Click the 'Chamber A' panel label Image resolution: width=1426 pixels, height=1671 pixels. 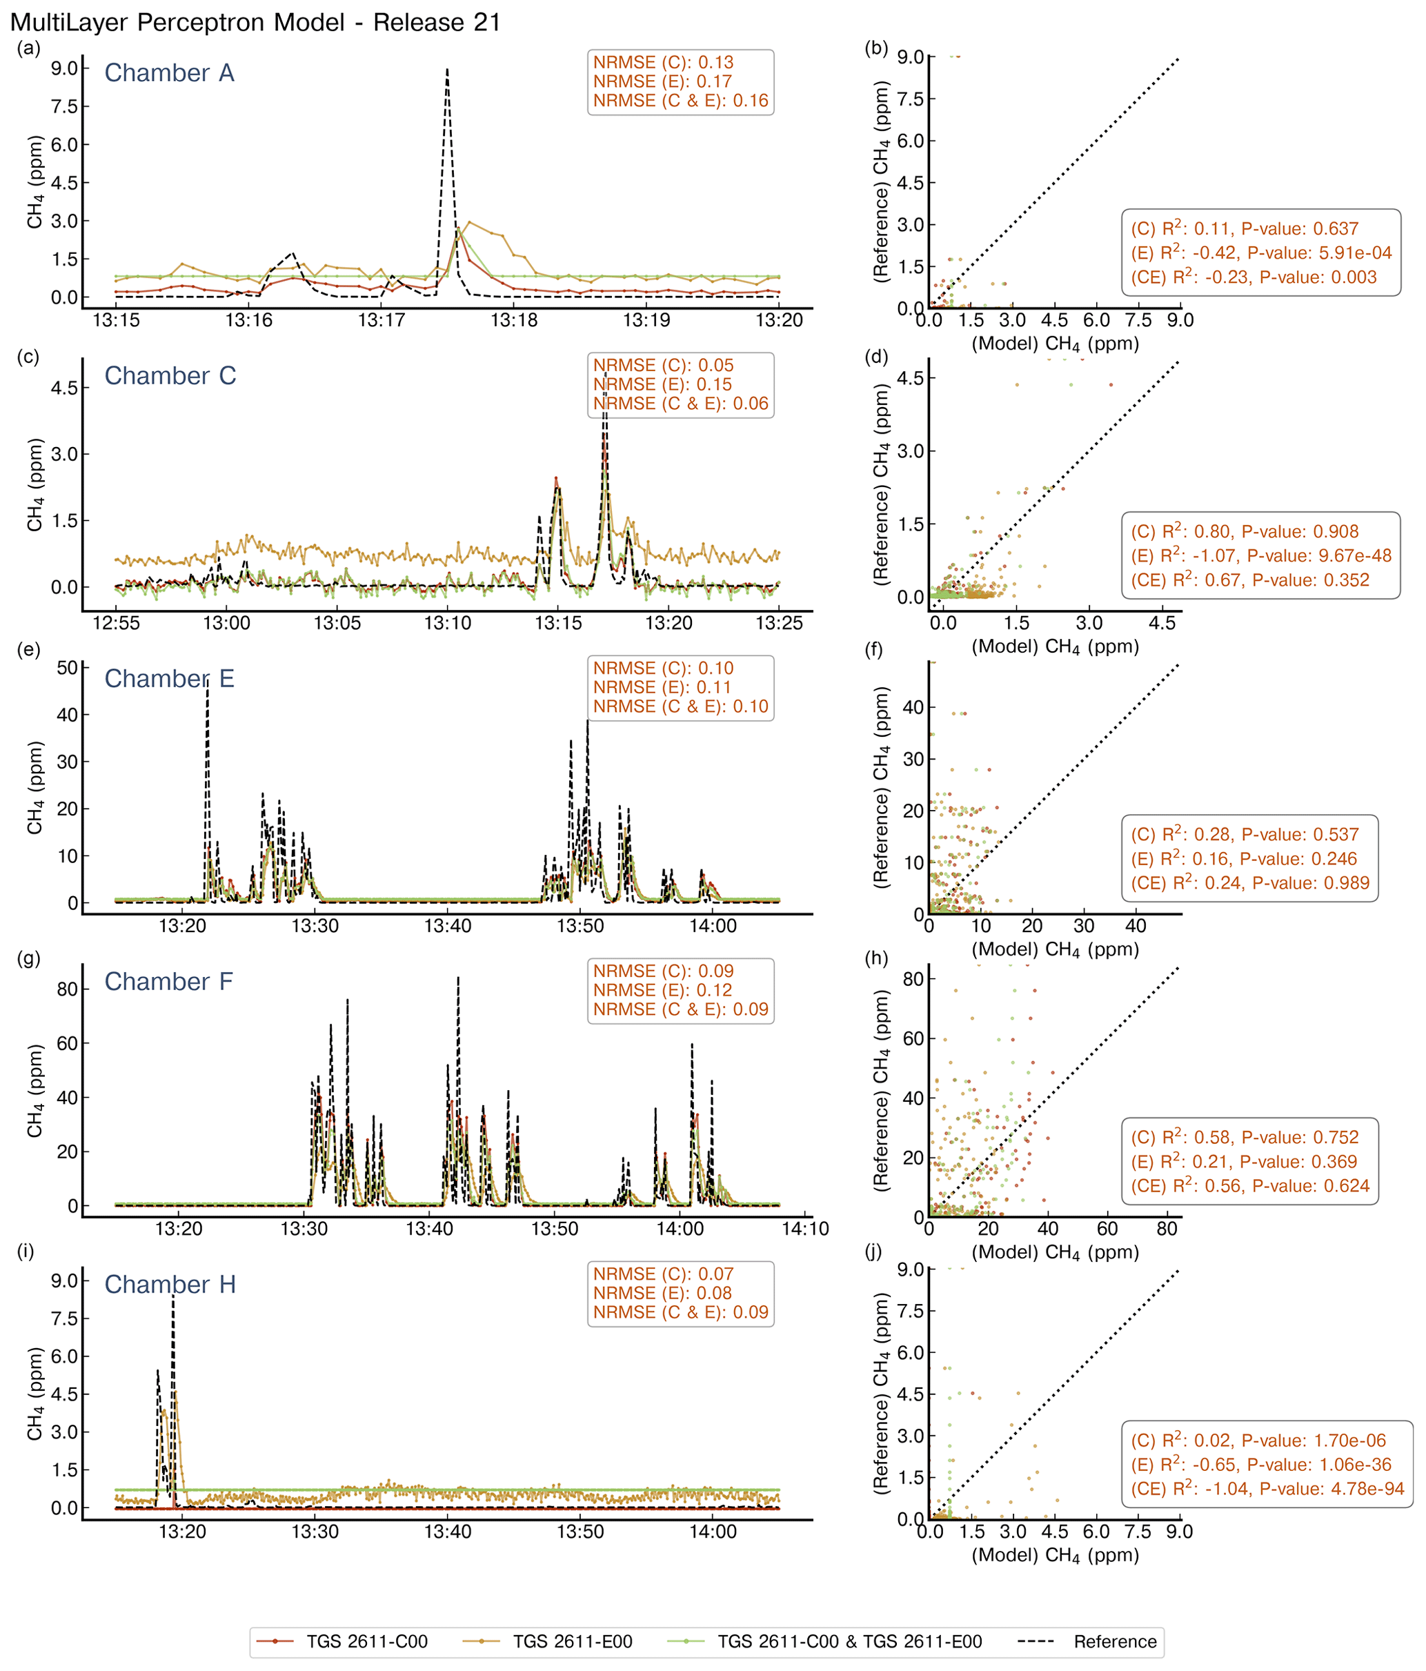(170, 73)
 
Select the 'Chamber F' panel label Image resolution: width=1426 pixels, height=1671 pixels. (168, 982)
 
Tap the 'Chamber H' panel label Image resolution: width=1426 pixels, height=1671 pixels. (170, 1284)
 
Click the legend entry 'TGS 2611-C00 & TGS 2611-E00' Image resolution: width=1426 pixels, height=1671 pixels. (849, 1641)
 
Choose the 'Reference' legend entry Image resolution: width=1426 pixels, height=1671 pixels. (1115, 1641)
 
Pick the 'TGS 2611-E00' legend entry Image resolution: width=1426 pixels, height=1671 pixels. (573, 1641)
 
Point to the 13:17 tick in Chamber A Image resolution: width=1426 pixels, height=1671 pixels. (382, 321)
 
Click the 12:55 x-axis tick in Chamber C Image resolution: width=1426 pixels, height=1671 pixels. (116, 624)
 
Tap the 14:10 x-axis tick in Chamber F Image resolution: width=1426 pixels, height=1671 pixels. (806, 1229)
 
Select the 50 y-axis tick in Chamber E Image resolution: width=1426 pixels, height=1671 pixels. (67, 668)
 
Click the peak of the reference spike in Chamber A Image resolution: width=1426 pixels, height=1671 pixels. (447, 70)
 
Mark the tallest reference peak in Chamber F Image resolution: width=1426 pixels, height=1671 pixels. (458, 978)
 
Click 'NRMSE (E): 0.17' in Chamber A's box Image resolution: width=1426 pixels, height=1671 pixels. (662, 81)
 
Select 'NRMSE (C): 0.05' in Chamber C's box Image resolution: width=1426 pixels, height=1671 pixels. (663, 366)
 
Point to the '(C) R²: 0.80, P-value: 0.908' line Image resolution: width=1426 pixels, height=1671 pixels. (1245, 531)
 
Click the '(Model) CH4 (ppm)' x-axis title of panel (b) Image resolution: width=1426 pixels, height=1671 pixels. (1055, 344)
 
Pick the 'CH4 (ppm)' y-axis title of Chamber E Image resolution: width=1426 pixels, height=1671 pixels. (34, 788)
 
